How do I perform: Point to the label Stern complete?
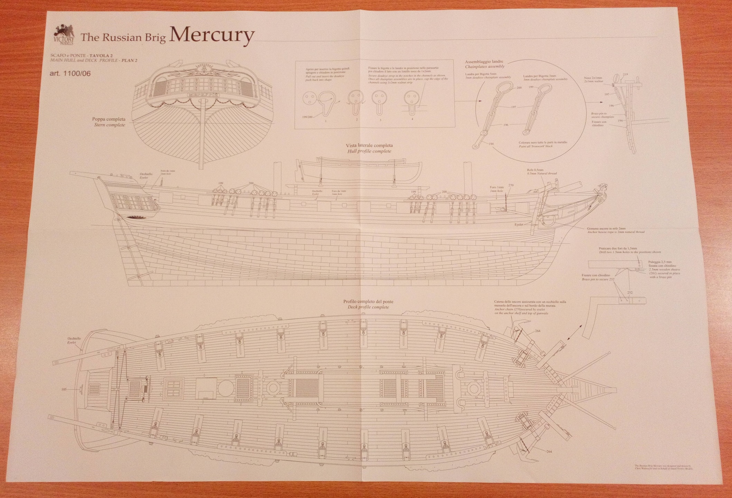[x=110, y=125]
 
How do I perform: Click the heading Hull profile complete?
[x=369, y=151]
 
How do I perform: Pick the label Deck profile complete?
[x=368, y=307]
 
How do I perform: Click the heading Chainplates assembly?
[x=485, y=66]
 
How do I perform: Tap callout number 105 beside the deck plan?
[x=64, y=389]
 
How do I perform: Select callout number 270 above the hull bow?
[x=511, y=185]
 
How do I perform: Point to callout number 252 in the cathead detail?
[x=630, y=293]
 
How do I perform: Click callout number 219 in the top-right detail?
[x=625, y=74]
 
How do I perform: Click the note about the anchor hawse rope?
[x=616, y=230]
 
